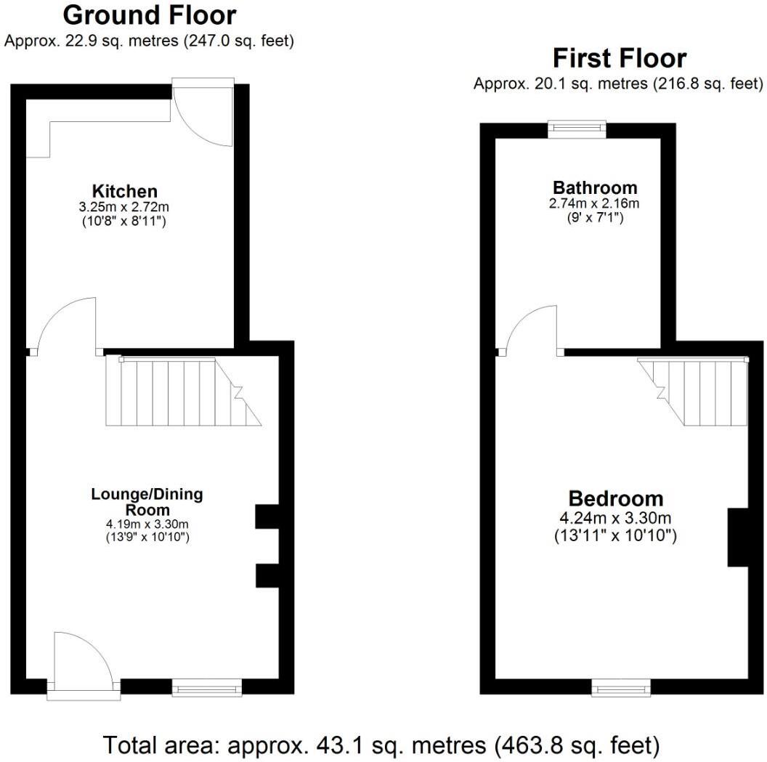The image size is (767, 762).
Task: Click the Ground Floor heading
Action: pyautogui.click(x=150, y=15)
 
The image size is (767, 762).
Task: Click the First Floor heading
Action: pyautogui.click(x=619, y=58)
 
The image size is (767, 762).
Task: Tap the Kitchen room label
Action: pyautogui.click(x=124, y=192)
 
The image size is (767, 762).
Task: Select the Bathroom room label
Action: pyautogui.click(x=594, y=187)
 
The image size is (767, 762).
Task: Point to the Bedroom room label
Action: pyautogui.click(x=615, y=499)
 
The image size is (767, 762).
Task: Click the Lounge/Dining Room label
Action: pyautogui.click(x=147, y=502)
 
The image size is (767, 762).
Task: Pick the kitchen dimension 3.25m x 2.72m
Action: pyautogui.click(x=124, y=207)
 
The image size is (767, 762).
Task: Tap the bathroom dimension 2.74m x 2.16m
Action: pyautogui.click(x=594, y=203)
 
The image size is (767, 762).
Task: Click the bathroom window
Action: pyautogui.click(x=577, y=129)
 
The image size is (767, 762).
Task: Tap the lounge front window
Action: pyautogui.click(x=206, y=686)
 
